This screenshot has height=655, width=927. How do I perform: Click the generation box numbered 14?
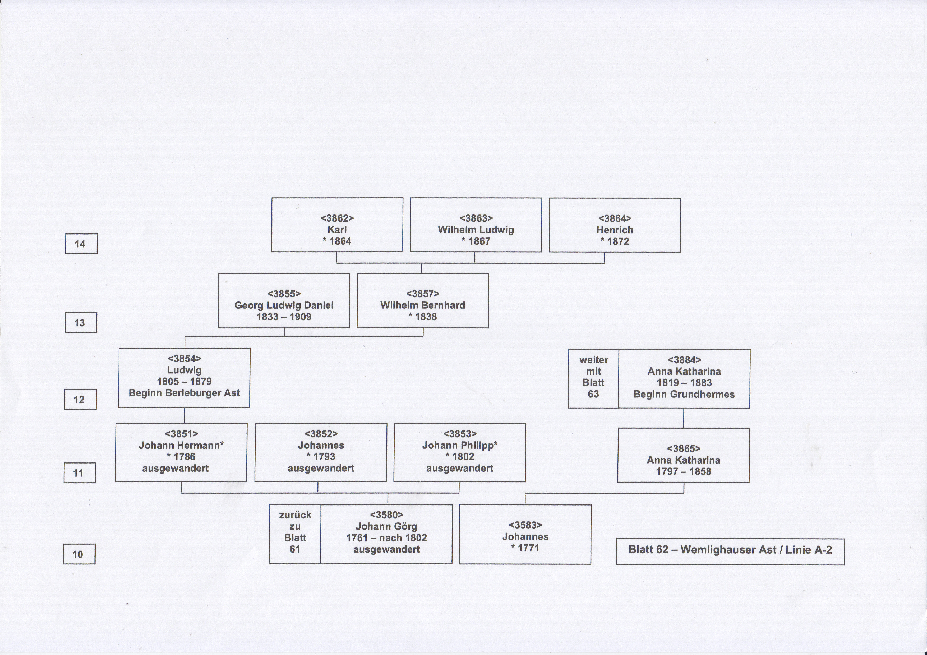[x=81, y=244]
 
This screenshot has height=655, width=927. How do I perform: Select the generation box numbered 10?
[x=79, y=554]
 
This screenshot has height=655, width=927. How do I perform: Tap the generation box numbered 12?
[x=80, y=399]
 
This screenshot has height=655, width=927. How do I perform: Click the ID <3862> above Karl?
[x=337, y=218]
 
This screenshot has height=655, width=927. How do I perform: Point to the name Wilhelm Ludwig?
[x=476, y=230]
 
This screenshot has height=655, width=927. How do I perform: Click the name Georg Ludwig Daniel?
[x=284, y=305]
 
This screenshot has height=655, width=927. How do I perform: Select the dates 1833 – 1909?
[x=284, y=317]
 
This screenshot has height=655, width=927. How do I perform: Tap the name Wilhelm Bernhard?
[x=423, y=305]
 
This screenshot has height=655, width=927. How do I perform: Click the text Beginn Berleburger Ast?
[x=184, y=393]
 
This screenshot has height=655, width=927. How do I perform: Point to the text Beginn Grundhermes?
[x=684, y=394]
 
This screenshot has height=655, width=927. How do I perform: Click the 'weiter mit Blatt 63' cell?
[x=593, y=379]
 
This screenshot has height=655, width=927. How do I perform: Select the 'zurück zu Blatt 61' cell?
[x=295, y=534]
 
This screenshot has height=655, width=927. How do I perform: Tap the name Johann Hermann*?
[x=181, y=445]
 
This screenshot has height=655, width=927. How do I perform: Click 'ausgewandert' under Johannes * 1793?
[x=321, y=468]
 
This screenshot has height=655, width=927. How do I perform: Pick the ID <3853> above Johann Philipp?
[x=460, y=434]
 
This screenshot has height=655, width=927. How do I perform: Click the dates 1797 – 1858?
[x=684, y=471]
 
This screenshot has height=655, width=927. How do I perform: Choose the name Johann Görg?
[x=386, y=526]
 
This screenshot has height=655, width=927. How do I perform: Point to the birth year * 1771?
[x=525, y=548]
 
